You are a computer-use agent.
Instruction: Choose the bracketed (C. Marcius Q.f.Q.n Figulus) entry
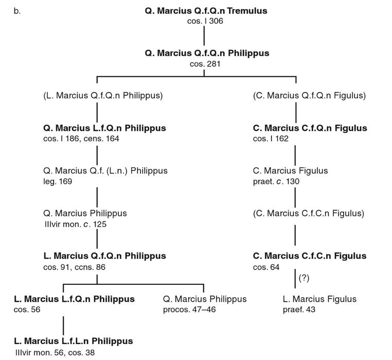click(310, 96)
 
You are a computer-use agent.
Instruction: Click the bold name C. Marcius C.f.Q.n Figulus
click(310, 128)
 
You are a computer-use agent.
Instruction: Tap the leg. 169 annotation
click(58, 181)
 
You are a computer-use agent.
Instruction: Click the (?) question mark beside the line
click(304, 279)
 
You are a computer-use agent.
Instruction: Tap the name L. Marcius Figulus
click(319, 299)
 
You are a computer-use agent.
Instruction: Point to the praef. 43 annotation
click(299, 310)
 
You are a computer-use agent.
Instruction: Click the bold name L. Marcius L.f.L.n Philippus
click(74, 341)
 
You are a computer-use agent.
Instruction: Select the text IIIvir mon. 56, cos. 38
click(56, 352)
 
